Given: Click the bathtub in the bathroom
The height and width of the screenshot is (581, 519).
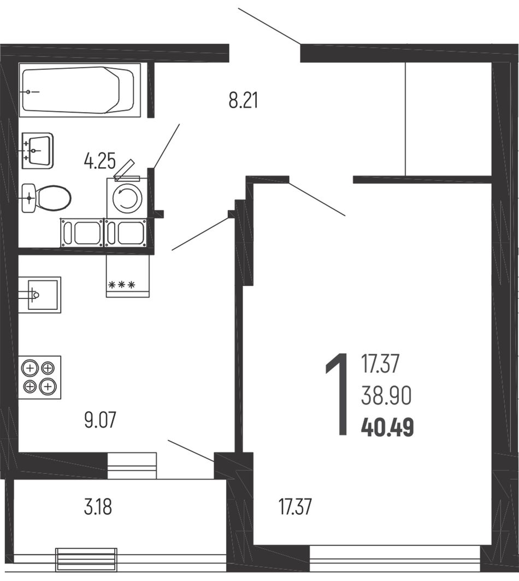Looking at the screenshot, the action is pyautogui.click(x=80, y=90).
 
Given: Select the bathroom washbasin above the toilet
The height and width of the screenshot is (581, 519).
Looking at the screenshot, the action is pyautogui.click(x=37, y=151).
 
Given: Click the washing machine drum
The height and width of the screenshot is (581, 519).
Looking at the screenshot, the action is pyautogui.click(x=127, y=198).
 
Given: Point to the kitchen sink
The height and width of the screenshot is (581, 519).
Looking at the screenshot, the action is pyautogui.click(x=40, y=295).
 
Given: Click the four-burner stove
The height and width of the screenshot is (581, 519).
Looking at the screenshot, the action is pyautogui.click(x=40, y=377).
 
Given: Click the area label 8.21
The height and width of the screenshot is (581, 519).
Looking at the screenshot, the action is pyautogui.click(x=243, y=101).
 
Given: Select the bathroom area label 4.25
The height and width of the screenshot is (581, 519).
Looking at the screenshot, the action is pyautogui.click(x=99, y=162).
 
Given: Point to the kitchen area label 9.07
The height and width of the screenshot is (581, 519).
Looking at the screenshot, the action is pyautogui.click(x=100, y=420).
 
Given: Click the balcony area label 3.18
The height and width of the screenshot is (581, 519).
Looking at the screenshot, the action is pyautogui.click(x=98, y=507).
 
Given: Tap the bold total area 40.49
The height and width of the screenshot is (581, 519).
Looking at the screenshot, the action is pyautogui.click(x=387, y=427).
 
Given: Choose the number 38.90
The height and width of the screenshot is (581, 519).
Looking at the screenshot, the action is pyautogui.click(x=386, y=396).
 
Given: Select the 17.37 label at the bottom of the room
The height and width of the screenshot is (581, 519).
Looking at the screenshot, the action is pyautogui.click(x=295, y=507).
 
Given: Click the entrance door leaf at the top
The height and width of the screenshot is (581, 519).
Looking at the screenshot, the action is pyautogui.click(x=269, y=26).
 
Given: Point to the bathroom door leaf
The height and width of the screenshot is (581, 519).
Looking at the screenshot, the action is pyautogui.click(x=166, y=146).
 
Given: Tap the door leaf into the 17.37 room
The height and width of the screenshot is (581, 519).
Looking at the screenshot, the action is pyautogui.click(x=317, y=198).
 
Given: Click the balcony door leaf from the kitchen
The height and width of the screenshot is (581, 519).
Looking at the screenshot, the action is pyautogui.click(x=191, y=450).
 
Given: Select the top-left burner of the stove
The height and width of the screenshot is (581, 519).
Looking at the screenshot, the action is pyautogui.click(x=31, y=369).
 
